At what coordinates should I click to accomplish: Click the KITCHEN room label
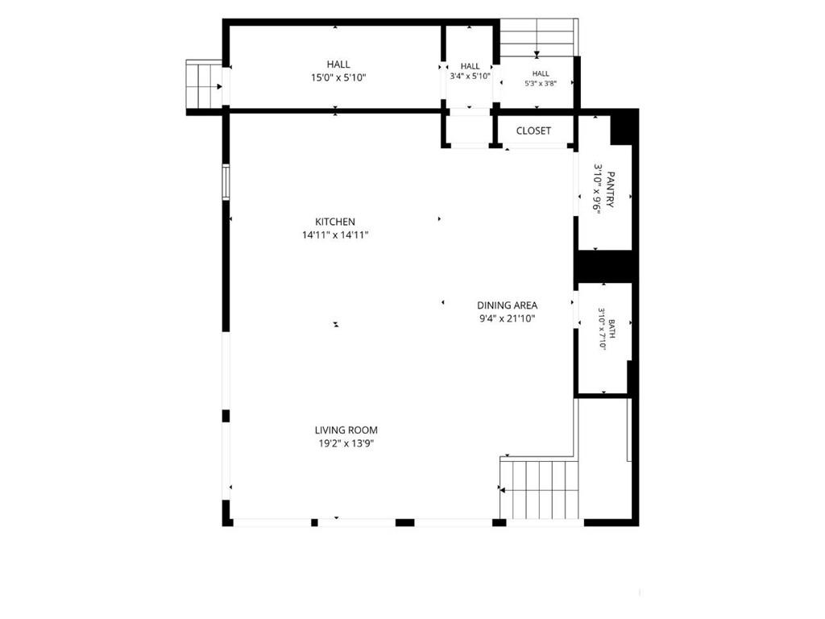[x=335, y=222]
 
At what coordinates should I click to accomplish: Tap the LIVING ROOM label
[x=346, y=430]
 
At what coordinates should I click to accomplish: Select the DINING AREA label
[x=508, y=305]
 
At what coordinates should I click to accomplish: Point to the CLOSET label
[x=533, y=131]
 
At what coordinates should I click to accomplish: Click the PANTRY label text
[x=611, y=189]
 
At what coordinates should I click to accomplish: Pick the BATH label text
[x=612, y=329]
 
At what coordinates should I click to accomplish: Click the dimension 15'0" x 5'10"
[x=338, y=78]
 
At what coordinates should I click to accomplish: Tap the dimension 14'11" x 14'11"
[x=335, y=235]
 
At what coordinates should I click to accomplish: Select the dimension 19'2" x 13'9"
[x=346, y=444]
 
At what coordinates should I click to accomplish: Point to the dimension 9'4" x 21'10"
[x=508, y=318]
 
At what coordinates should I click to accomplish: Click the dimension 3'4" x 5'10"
[x=470, y=76]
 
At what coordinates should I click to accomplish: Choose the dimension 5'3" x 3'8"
[x=541, y=83]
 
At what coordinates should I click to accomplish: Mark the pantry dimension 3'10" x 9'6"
[x=597, y=187]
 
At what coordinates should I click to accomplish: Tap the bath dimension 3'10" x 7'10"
[x=601, y=329]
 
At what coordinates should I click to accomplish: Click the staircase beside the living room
[x=539, y=489]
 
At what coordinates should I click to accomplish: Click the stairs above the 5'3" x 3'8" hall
[x=537, y=37]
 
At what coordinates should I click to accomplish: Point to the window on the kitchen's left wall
[x=226, y=182]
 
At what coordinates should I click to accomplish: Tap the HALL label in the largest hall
[x=338, y=64]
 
